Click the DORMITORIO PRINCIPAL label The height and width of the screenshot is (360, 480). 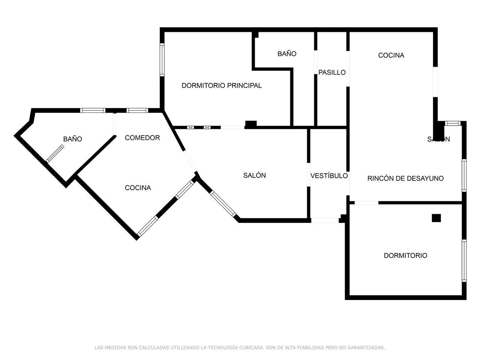click(222, 85)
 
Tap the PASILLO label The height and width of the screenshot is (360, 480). click(332, 72)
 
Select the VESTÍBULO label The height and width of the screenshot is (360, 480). click(329, 175)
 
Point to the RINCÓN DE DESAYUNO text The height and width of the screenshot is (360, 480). click(405, 178)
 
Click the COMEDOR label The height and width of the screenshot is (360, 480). click(142, 138)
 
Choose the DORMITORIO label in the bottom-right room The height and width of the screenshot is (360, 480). click(405, 255)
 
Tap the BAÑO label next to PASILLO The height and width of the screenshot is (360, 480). click(287, 54)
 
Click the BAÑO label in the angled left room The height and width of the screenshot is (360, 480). click(72, 139)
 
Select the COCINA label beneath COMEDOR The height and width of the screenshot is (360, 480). click(138, 188)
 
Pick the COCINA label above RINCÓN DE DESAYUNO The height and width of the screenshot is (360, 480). click(391, 55)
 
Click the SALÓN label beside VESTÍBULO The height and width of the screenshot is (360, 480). click(254, 175)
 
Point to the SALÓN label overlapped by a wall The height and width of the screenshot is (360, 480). click(438, 139)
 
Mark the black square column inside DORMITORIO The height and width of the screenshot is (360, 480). click(436, 218)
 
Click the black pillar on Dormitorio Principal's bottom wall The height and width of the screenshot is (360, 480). click(250, 124)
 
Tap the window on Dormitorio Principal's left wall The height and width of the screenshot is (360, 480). click(162, 60)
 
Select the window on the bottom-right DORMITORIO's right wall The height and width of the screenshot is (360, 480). click(464, 260)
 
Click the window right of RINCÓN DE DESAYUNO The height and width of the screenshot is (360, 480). click(464, 175)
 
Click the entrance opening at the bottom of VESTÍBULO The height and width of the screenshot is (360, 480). click(325, 220)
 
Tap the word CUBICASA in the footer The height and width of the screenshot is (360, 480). click(250, 348)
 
